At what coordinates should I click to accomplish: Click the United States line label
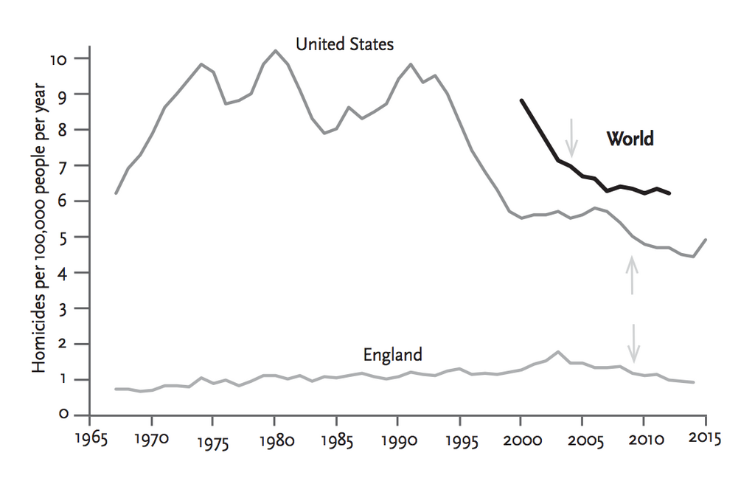coord(344,44)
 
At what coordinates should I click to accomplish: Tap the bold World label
coord(630,138)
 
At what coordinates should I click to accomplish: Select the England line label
coord(392,355)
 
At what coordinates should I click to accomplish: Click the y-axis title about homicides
coord(40,228)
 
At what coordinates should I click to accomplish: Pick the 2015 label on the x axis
coord(705,436)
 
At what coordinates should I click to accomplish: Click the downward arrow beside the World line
coord(571,134)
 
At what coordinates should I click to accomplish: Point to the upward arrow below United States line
coord(632,274)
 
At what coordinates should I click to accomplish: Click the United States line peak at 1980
coord(275,51)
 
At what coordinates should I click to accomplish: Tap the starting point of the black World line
coord(521,100)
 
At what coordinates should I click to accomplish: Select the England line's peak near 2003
coord(558,352)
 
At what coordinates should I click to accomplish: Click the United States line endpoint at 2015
coord(706,240)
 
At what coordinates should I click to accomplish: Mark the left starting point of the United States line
coord(116,193)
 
